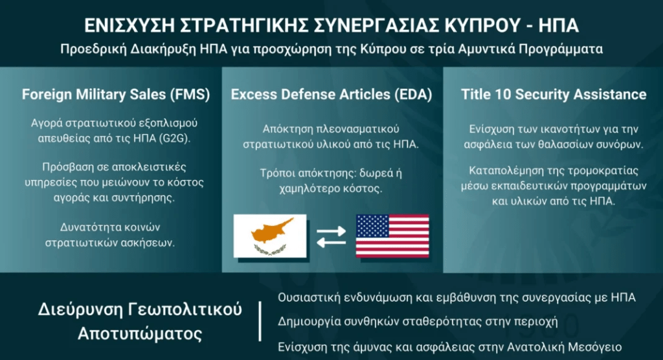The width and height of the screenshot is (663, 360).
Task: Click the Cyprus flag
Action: tap(270, 236)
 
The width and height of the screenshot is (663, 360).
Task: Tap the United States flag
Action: tap(392, 236)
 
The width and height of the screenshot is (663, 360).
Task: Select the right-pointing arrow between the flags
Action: tap(331, 231)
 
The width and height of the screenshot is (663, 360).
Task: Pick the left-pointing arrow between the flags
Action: tap(331, 242)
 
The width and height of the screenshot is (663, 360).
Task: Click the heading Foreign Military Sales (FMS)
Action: tap(116, 95)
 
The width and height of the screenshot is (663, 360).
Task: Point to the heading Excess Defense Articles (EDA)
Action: tap(331, 95)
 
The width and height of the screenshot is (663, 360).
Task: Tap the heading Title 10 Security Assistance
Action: tap(554, 95)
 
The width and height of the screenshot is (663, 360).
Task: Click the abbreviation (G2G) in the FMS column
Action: tap(174, 139)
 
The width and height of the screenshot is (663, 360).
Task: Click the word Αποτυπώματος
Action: tap(140, 333)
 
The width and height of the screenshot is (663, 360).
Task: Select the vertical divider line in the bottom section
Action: tap(260, 322)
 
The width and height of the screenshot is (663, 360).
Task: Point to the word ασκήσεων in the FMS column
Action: tap(147, 243)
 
